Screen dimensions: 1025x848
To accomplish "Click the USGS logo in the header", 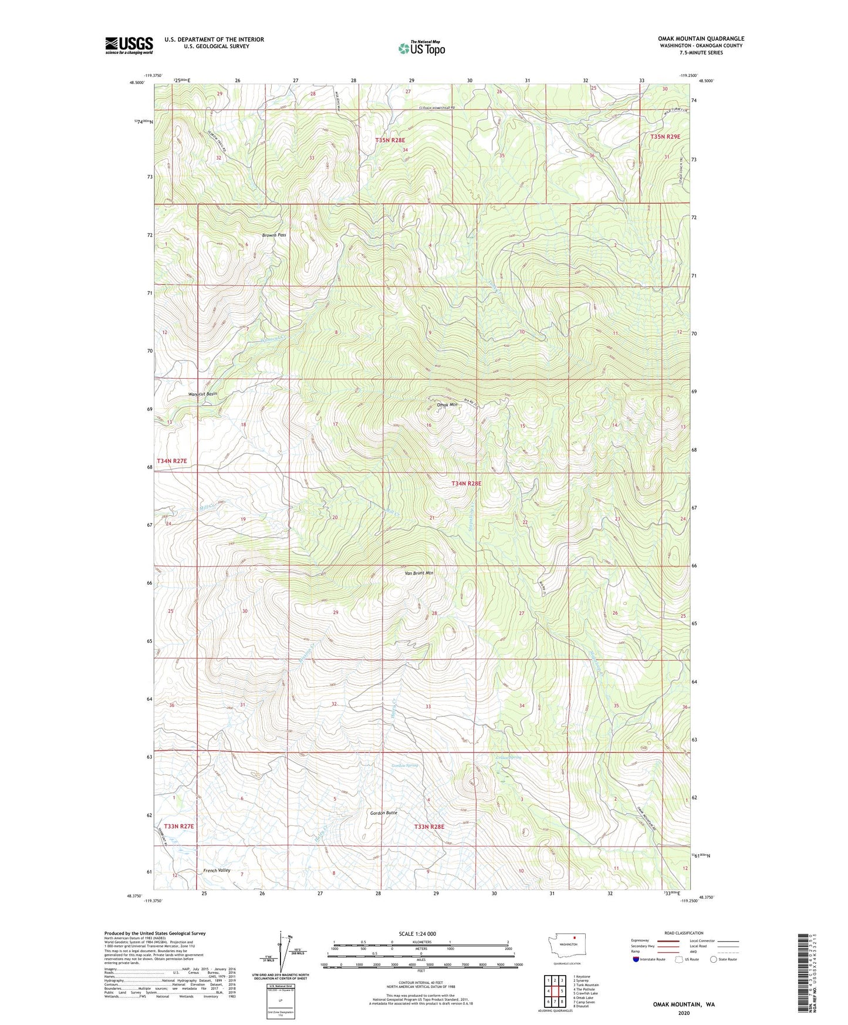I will click(x=129, y=45).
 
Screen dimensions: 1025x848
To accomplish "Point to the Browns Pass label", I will click(x=273, y=235).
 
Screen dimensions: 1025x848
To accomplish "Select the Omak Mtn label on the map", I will click(x=447, y=404).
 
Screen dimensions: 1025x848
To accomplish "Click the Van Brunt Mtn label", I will click(x=418, y=573).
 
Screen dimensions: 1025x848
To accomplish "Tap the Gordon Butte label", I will click(x=384, y=813).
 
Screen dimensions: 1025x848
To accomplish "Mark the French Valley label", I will click(x=217, y=871).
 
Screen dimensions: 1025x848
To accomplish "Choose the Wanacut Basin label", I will click(x=202, y=394).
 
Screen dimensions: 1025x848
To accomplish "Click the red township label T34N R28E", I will click(x=466, y=484).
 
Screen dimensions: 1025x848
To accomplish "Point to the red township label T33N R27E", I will click(x=179, y=826).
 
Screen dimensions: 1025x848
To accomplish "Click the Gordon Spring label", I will click(x=405, y=766).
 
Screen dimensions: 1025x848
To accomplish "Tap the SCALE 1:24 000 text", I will click(x=418, y=933).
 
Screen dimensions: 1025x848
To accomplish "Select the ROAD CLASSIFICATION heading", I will click(x=684, y=933).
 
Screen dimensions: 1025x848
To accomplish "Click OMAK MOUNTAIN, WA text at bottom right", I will click(x=684, y=1004).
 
